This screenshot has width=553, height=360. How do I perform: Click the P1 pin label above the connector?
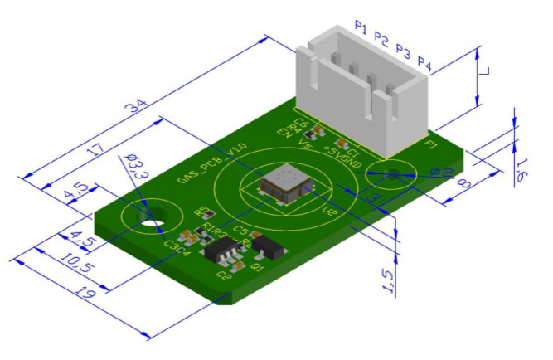click(x=361, y=28)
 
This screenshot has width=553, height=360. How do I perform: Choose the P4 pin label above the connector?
click(x=425, y=62)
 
